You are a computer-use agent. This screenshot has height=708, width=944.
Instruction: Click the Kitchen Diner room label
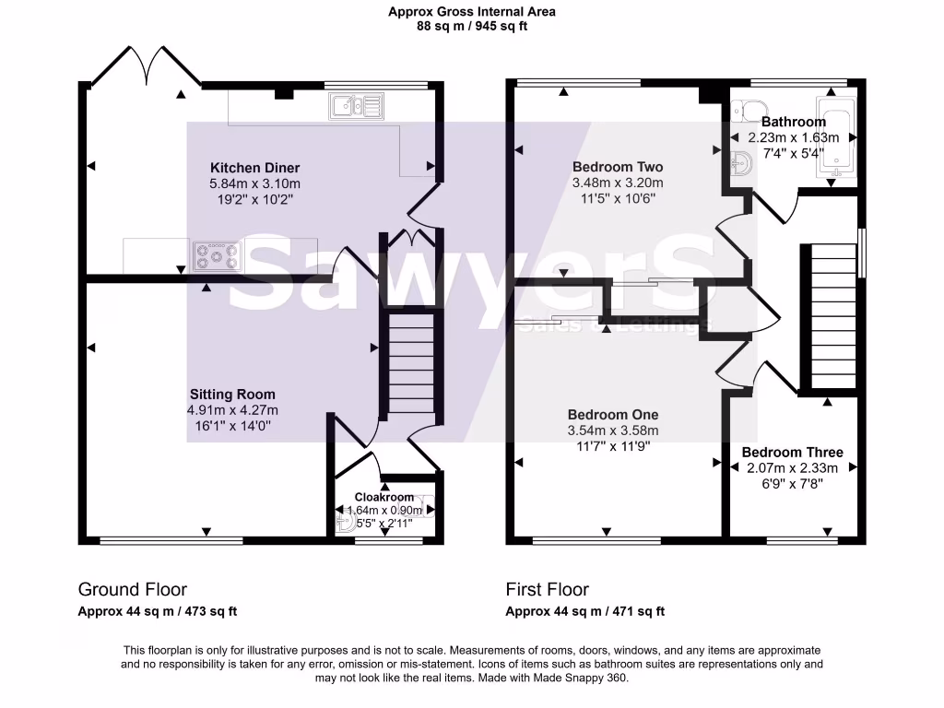point(254,168)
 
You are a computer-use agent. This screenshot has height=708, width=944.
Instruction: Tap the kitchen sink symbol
point(357,106)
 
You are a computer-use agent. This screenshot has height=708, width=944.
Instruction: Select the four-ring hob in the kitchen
point(218,256)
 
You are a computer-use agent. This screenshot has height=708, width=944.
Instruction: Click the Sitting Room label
point(232,395)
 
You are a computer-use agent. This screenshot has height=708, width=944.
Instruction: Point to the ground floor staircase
point(411,362)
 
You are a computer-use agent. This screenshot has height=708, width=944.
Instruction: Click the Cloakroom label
point(384,497)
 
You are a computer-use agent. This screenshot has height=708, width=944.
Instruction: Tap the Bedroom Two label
point(618,167)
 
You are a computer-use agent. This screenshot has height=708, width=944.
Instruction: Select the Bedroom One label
point(613,415)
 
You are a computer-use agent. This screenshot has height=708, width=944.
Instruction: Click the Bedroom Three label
point(792,452)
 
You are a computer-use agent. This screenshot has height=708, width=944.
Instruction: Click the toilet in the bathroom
point(749,112)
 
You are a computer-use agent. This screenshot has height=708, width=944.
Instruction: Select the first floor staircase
point(833,316)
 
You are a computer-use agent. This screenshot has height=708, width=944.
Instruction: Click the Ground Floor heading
point(133,589)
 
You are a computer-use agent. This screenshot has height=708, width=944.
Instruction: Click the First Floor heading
point(548,589)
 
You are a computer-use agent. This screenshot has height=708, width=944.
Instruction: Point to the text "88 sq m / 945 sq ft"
point(472,26)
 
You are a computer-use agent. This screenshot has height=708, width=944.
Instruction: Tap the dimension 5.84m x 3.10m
point(254,183)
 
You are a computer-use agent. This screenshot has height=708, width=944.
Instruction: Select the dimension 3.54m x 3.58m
point(613,431)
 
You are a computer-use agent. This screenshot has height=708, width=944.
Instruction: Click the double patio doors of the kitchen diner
point(146,66)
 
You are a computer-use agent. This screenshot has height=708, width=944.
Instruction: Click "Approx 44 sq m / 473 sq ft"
point(157,612)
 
